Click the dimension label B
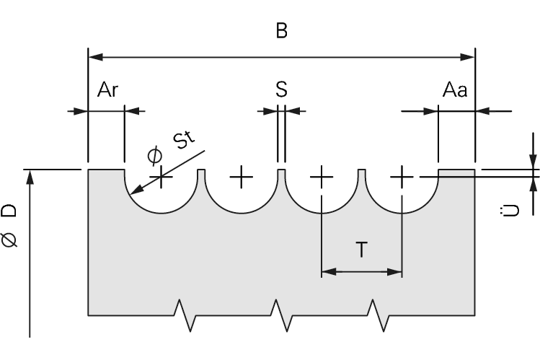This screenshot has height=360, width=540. point(281,32)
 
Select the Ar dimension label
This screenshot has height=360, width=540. point(109,90)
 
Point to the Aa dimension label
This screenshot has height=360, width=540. point(456,90)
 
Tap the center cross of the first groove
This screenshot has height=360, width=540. point(161,175)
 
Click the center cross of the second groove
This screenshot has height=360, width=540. point(242,175)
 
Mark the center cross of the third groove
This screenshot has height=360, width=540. point(322,175)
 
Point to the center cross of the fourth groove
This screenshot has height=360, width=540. point(402,175)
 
